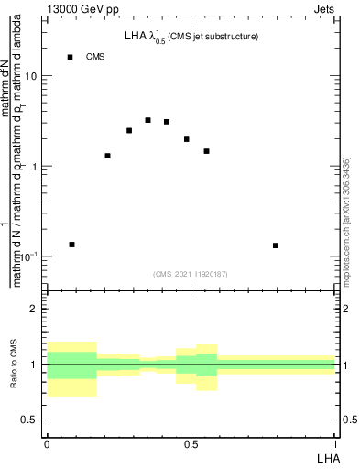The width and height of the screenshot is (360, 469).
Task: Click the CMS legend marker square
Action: pyautogui.click(x=70, y=57)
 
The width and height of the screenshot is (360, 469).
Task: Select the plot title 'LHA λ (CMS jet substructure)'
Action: pyautogui.click(x=191, y=37)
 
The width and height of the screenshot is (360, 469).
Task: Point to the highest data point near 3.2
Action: pyautogui.click(x=147, y=120)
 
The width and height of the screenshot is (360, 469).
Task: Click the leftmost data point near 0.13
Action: pyautogui.click(x=71, y=245)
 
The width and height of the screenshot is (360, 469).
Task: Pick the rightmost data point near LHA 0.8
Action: pyautogui.click(x=276, y=245)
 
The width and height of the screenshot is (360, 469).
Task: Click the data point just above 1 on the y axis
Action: pyautogui.click(x=107, y=156)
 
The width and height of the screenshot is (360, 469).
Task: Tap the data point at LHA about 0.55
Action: pyautogui.click(x=207, y=151)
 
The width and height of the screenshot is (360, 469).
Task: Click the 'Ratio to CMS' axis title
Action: pyautogui.click(x=14, y=365)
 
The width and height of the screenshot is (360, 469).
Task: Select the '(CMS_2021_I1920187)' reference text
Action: pyautogui.click(x=191, y=273)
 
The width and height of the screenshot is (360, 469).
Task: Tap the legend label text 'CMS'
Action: pyautogui.click(x=95, y=57)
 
